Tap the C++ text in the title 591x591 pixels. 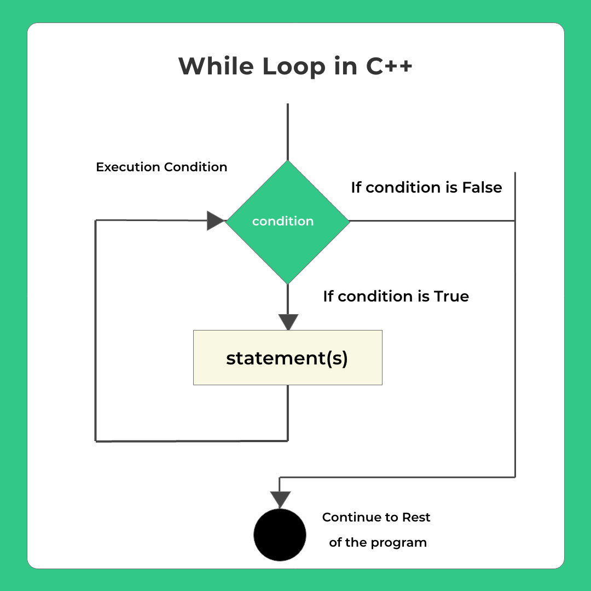pyautogui.click(x=389, y=67)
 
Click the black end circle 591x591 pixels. pyautogui.click(x=280, y=535)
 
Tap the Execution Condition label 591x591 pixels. pyautogui.click(x=161, y=167)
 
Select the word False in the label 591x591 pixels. pyautogui.click(x=482, y=188)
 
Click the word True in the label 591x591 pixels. pyautogui.click(x=451, y=297)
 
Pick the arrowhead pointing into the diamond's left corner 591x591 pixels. pyautogui.click(x=216, y=221)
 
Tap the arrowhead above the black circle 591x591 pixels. pyautogui.click(x=280, y=500)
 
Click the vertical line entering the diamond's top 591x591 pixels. pyautogui.click(x=287, y=131)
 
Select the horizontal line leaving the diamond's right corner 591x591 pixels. pyautogui.click(x=432, y=221)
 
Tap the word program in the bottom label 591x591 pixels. pyautogui.click(x=398, y=543)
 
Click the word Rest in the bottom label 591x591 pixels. pyautogui.click(x=416, y=518)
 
